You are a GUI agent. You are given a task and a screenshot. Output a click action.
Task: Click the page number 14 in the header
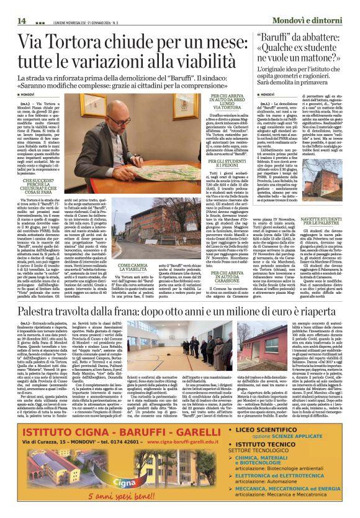tap(22, 20)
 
